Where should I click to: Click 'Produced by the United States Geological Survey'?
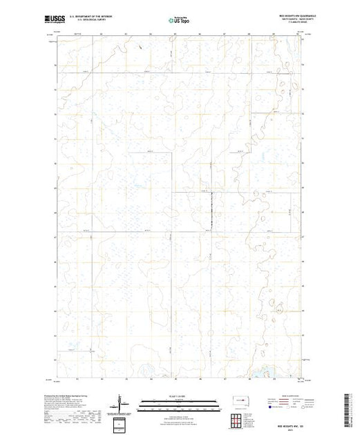point(76,391)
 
